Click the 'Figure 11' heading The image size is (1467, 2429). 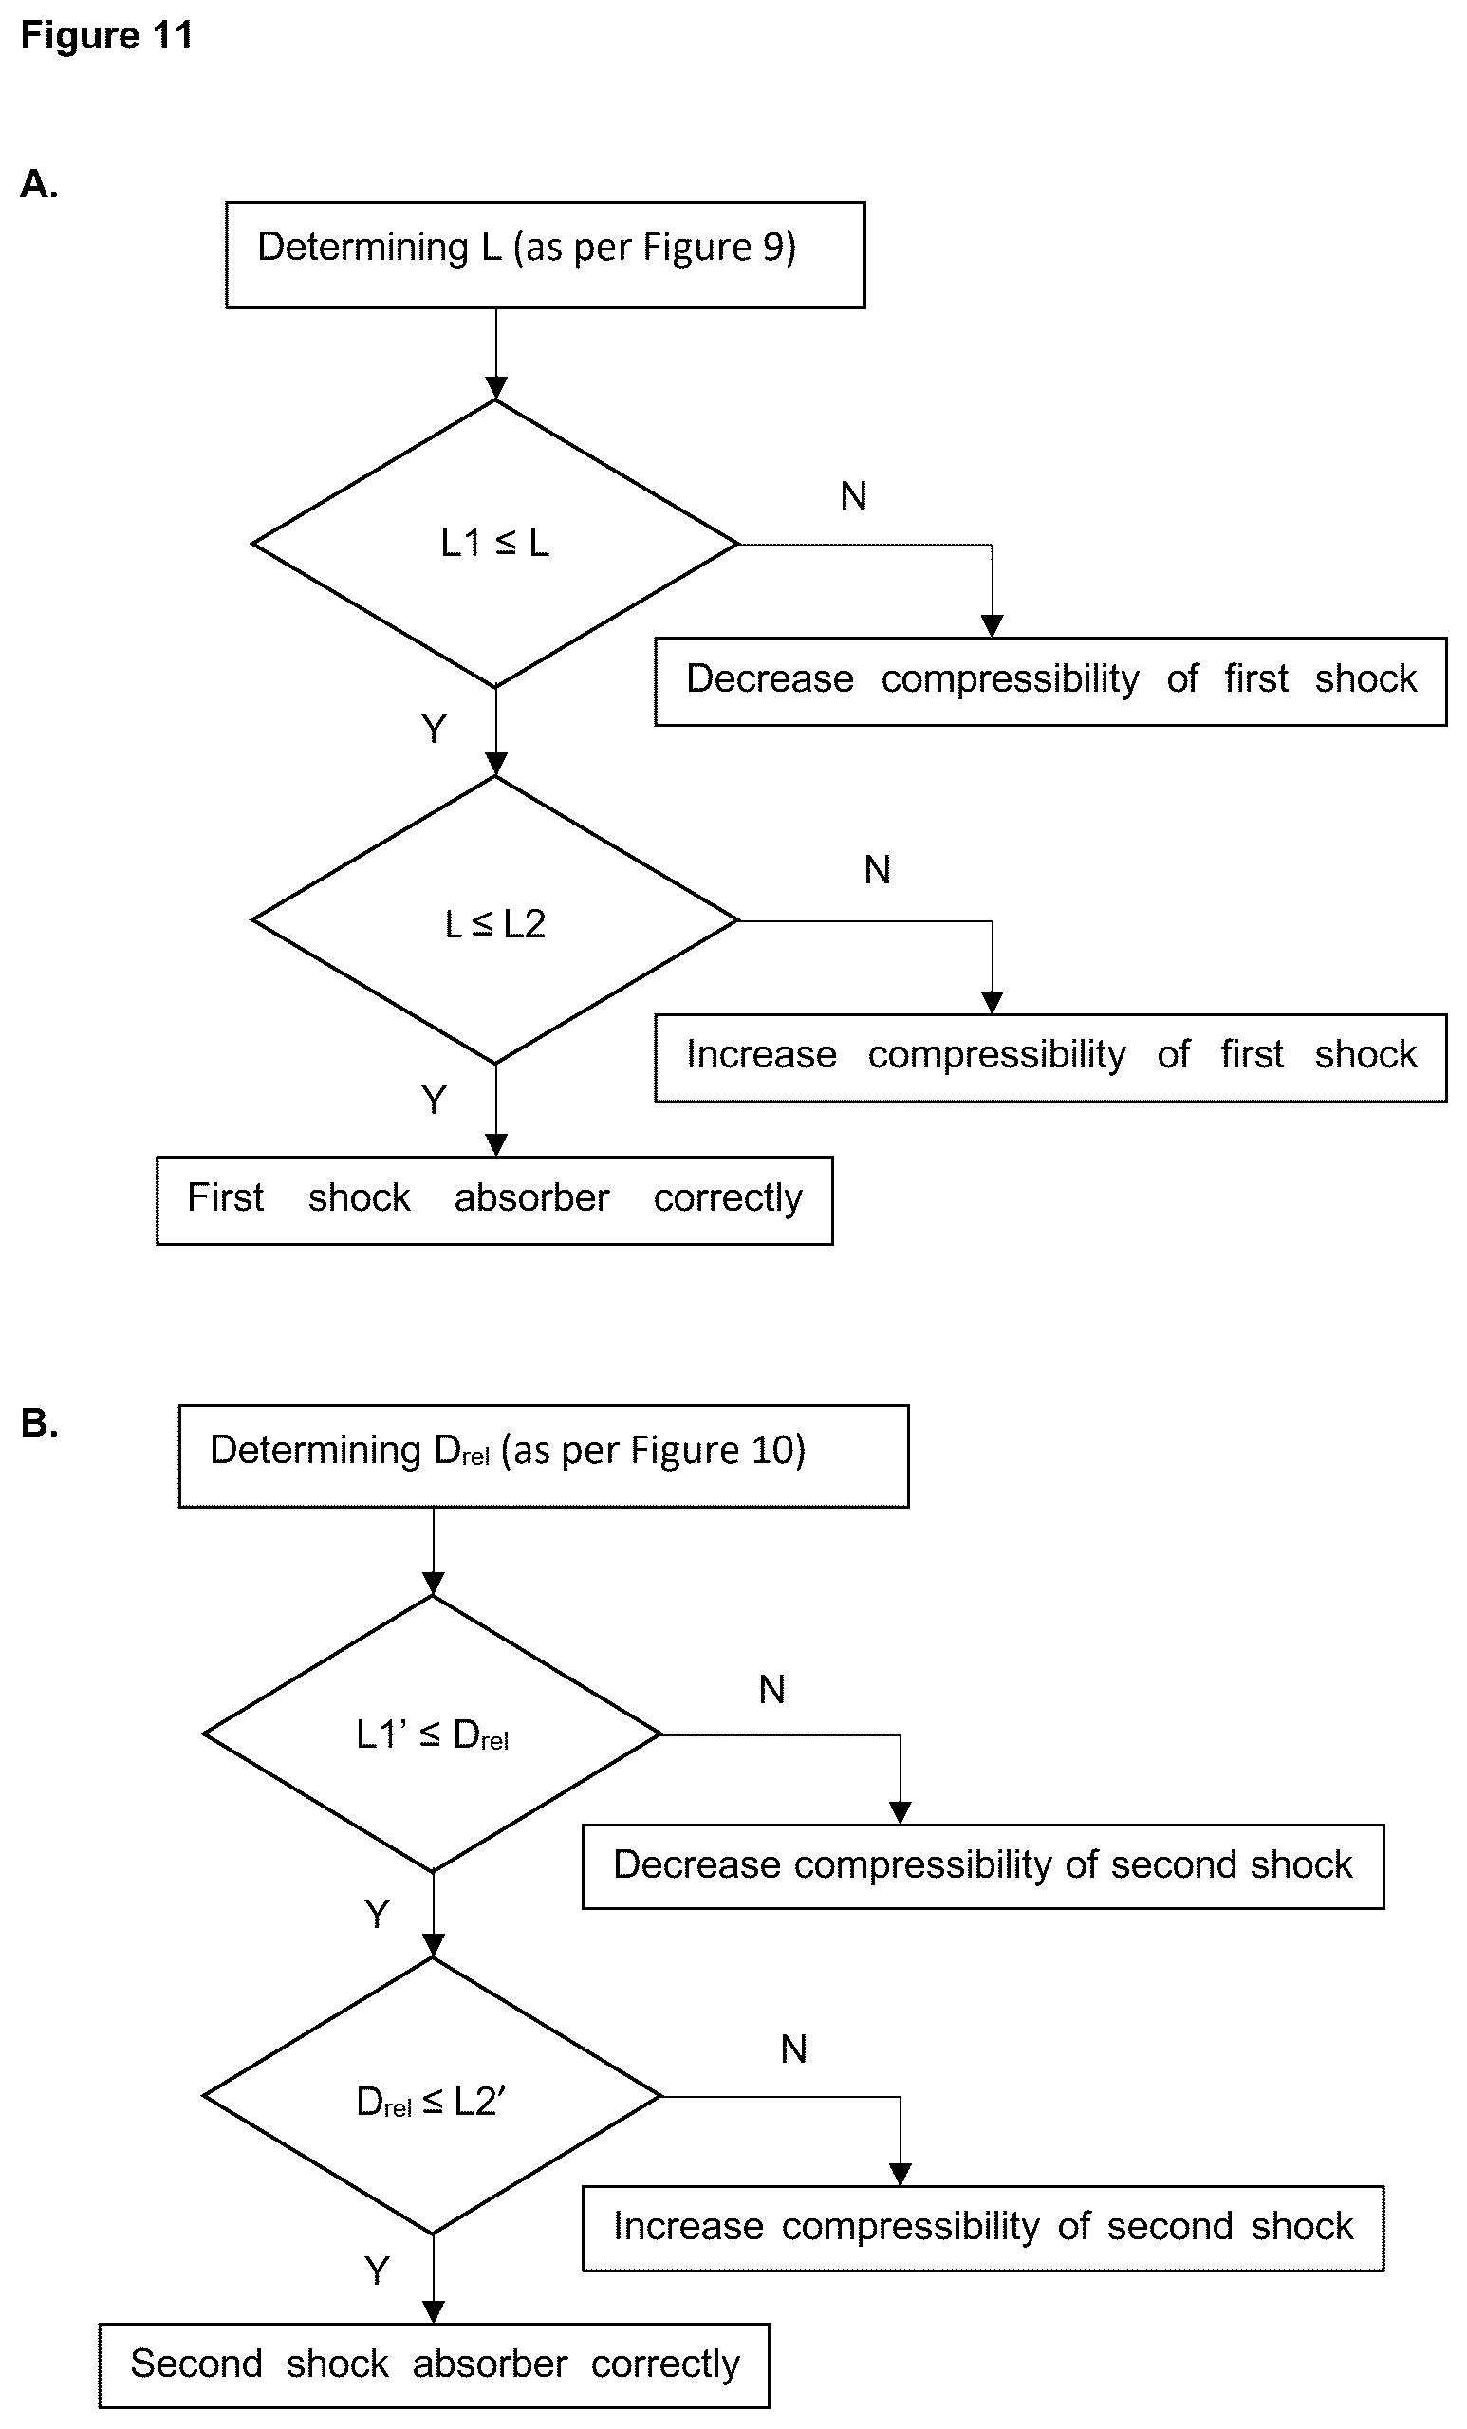pyautogui.click(x=106, y=35)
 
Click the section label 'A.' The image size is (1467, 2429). pyautogui.click(x=40, y=184)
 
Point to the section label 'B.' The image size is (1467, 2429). pyautogui.click(x=40, y=1423)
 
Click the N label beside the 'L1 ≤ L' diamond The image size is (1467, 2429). pyautogui.click(x=854, y=496)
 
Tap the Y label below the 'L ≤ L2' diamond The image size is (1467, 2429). pyautogui.click(x=434, y=1099)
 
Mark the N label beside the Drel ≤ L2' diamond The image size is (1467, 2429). pyautogui.click(x=793, y=2049)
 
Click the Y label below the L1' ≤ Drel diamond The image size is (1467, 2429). pyautogui.click(x=377, y=1914)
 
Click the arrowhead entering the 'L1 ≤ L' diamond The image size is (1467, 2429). pyautogui.click(x=496, y=388)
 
